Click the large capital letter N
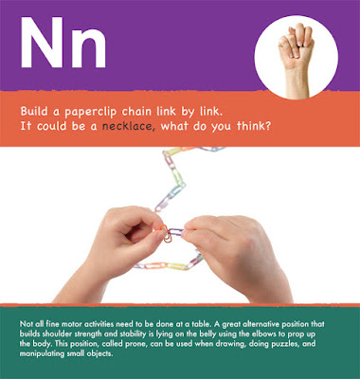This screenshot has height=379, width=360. click(x=42, y=43)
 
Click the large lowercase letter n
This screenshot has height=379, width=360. click(x=89, y=49)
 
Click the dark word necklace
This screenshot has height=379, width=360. click(x=128, y=126)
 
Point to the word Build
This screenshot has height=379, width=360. click(x=34, y=111)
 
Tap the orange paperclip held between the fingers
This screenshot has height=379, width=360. click(x=166, y=233)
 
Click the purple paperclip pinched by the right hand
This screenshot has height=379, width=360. click(x=176, y=232)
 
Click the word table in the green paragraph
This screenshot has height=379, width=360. click(x=201, y=324)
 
